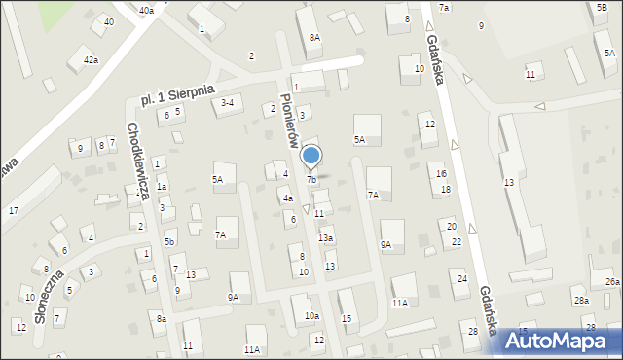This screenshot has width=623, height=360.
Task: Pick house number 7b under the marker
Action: pos(311,180)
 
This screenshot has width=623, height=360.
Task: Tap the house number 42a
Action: pos(91,60)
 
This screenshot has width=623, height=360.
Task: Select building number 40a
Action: pos(146,10)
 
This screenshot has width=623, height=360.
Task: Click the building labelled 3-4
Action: pos(228,102)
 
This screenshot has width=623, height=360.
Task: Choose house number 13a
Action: pos(326,238)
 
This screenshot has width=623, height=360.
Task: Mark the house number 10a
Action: pos(311,316)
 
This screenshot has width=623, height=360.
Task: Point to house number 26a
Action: pos(611,282)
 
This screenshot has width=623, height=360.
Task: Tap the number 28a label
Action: pos(581,301)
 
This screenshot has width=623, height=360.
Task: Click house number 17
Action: pos(13,211)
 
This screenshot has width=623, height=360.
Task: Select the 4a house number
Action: pos(288,198)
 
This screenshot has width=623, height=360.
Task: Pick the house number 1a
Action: pos(163,186)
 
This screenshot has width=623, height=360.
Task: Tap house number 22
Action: pos(456,242)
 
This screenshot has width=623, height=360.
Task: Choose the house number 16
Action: pos(442,173)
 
